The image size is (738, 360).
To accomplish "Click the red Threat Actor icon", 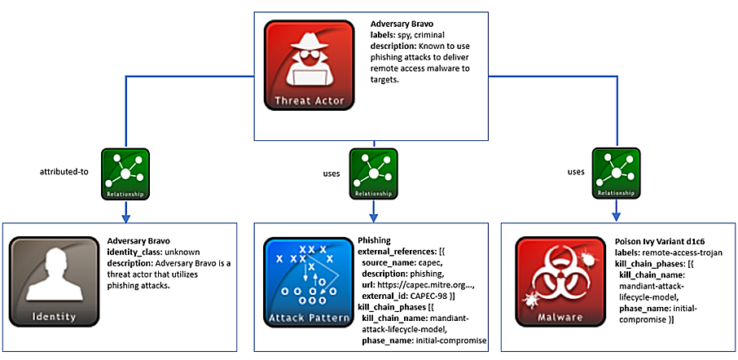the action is pyautogui.click(x=309, y=65).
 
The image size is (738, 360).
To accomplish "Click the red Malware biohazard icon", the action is pyautogui.click(x=560, y=282).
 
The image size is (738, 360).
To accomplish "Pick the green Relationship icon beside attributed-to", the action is pyautogui.click(x=125, y=173).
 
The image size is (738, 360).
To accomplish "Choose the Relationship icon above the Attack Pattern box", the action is pyautogui.click(x=373, y=173).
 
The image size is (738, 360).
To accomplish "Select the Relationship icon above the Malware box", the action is pyautogui.click(x=616, y=173).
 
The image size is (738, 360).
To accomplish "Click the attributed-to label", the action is pyautogui.click(x=64, y=173).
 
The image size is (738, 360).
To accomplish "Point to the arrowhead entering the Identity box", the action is pyautogui.click(x=125, y=218).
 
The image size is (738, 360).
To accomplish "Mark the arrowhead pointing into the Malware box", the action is pyautogui.click(x=616, y=218).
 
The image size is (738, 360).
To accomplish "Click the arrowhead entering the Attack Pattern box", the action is pyautogui.click(x=373, y=218).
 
